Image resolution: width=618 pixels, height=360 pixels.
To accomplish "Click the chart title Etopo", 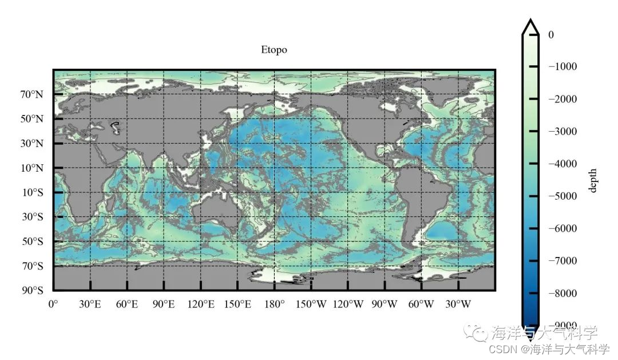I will pyautogui.click(x=274, y=50).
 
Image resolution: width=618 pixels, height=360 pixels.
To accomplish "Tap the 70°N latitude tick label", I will pyautogui.click(x=32, y=94).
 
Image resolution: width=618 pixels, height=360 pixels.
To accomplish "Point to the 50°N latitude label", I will pyautogui.click(x=32, y=119).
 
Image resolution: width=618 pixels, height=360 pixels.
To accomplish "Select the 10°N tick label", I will pyautogui.click(x=32, y=168).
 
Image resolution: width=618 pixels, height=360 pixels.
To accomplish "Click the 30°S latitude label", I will pyautogui.click(x=33, y=217).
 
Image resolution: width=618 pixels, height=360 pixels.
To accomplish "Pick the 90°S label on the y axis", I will pyautogui.click(x=33, y=291).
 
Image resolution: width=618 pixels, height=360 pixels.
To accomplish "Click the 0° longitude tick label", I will pyautogui.click(x=53, y=304).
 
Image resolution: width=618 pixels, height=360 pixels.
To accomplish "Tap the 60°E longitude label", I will pyautogui.click(x=126, y=304).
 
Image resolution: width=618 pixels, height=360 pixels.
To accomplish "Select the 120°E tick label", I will pyautogui.click(x=201, y=304).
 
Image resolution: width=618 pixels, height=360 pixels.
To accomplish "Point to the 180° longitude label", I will pyautogui.click(x=274, y=304).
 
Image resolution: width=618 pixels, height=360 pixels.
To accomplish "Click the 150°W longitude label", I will pyautogui.click(x=311, y=304).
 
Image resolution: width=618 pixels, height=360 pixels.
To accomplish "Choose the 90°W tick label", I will pyautogui.click(x=385, y=304).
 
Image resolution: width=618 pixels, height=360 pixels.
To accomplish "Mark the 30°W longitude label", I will pyautogui.click(x=458, y=304).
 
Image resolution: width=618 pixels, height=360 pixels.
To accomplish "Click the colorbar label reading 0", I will pyautogui.click(x=551, y=35).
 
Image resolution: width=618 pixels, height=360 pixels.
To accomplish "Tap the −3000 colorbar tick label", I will pyautogui.click(x=562, y=132).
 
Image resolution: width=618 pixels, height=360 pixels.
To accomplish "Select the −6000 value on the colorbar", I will pyautogui.click(x=562, y=229).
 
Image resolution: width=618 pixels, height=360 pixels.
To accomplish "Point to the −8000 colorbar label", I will pyautogui.click(x=562, y=294).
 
